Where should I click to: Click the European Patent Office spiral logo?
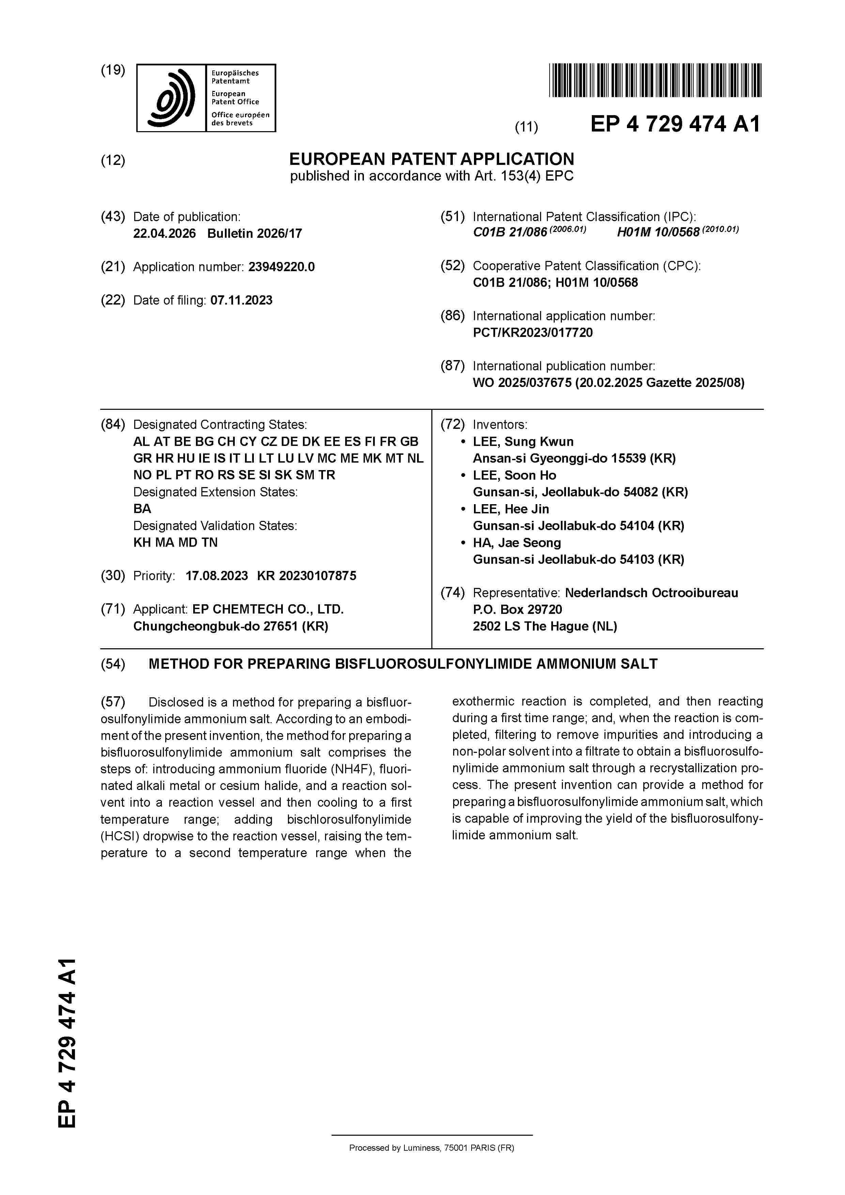click(172, 98)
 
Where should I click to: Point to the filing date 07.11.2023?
click(241, 300)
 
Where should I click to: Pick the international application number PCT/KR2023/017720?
click(532, 332)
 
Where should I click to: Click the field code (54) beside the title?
click(113, 664)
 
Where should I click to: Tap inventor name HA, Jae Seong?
click(517, 543)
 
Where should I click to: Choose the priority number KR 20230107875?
click(307, 576)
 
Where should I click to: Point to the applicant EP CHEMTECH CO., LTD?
click(267, 609)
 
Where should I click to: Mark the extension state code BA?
click(142, 509)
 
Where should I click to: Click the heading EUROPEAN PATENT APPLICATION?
click(432, 159)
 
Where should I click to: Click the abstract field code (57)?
click(113, 702)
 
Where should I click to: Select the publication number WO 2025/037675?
click(522, 383)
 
